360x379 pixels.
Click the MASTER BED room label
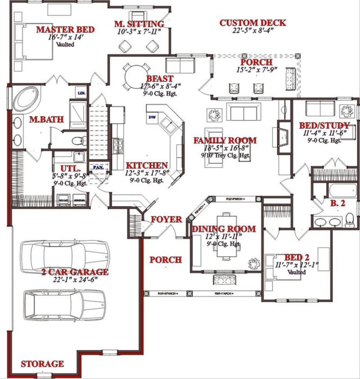point(65,30)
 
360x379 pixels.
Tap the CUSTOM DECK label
point(252,23)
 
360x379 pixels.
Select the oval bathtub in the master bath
point(26,99)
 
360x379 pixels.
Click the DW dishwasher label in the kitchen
point(152,117)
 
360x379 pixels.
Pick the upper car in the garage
point(65,257)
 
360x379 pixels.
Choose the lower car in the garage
point(65,305)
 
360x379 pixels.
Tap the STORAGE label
point(42,364)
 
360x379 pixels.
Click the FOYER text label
point(166,220)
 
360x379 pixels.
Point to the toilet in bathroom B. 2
point(350,220)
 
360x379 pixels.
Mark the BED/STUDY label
point(324,125)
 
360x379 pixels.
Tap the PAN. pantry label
point(98,167)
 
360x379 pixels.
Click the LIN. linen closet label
point(82,93)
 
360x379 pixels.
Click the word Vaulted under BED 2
point(297,272)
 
